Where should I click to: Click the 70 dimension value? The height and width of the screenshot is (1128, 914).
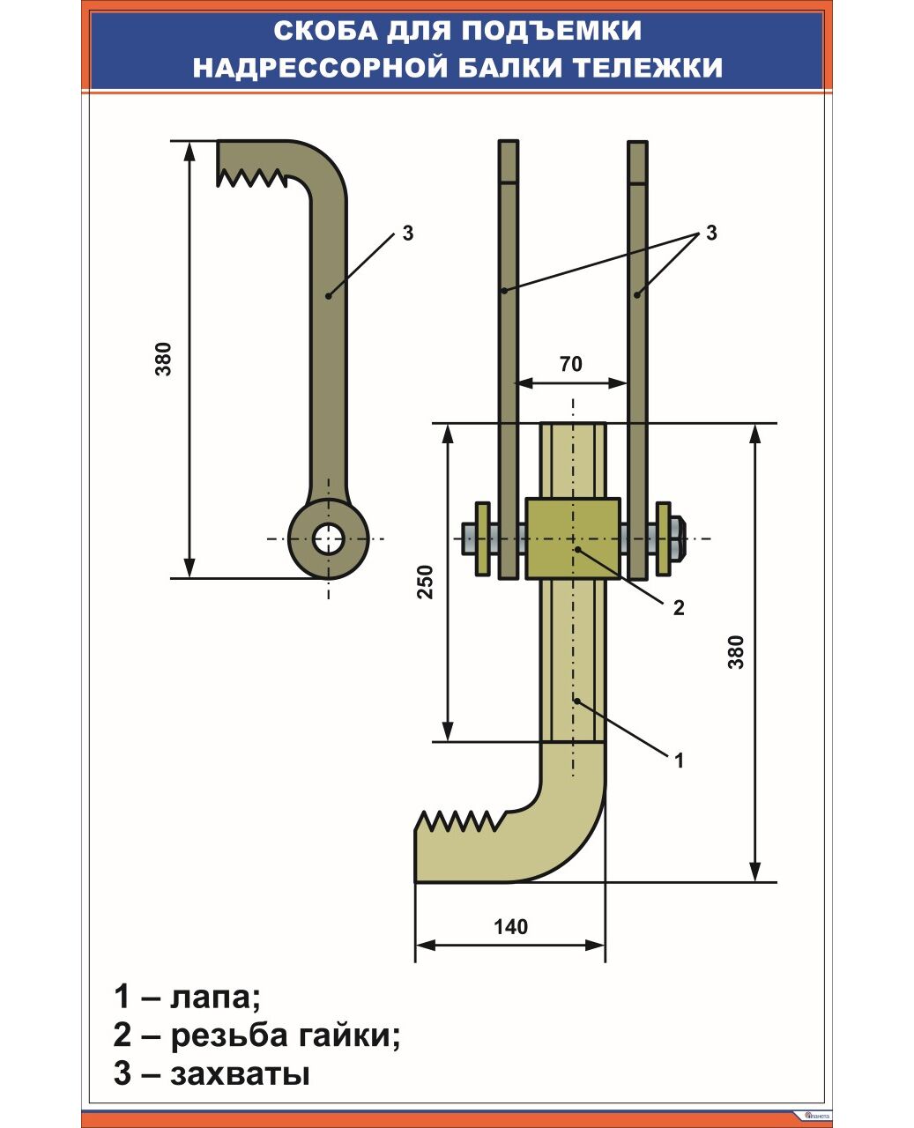pos(571,363)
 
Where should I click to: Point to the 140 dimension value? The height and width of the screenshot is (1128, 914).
pos(510,926)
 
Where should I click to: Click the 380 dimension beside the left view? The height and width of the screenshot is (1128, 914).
pos(164,359)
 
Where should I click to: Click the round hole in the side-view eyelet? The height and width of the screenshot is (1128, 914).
pos(329,538)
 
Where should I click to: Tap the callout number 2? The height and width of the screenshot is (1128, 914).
pos(678,607)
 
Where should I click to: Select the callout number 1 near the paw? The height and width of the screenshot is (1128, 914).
pos(679,760)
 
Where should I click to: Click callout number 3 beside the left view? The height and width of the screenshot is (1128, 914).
pos(407,234)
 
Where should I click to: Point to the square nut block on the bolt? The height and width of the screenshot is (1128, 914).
pos(574,538)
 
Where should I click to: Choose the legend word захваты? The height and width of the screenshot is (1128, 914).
pos(240,1074)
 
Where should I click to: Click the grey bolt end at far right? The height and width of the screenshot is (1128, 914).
pos(677,538)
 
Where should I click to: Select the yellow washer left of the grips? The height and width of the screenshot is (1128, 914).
pos(483,538)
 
